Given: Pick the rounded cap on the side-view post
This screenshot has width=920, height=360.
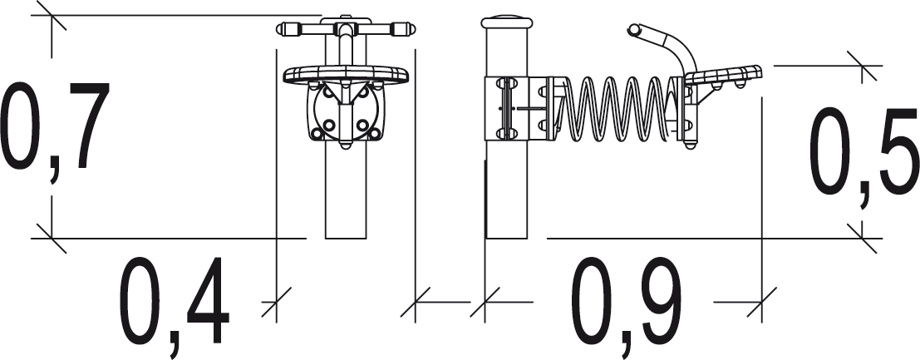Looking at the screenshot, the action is pos(506,22).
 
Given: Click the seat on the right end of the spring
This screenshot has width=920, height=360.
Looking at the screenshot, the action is pos(723,75).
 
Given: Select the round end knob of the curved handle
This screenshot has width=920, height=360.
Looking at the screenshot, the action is pos(633,29).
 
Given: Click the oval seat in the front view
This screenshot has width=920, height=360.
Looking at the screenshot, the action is pos(346,75).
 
